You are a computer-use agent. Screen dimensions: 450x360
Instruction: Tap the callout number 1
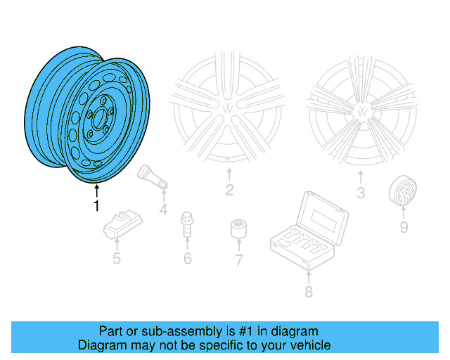(x=96, y=206)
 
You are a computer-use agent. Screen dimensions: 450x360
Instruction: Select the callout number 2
(x=229, y=190)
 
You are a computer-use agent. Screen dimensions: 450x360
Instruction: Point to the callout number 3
(x=360, y=192)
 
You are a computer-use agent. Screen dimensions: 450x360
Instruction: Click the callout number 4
(x=163, y=210)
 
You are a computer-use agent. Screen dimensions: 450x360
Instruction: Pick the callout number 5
(x=117, y=259)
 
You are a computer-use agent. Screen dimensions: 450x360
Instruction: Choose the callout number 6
(x=187, y=259)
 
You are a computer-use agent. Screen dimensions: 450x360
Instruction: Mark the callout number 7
(x=238, y=260)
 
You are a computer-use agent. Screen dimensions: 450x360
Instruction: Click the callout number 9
(x=404, y=226)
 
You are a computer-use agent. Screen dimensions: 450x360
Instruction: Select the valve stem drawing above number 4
(x=153, y=176)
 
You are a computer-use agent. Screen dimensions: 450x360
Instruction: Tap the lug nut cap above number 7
(x=238, y=229)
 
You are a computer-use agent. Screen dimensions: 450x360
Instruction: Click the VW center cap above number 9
(x=401, y=193)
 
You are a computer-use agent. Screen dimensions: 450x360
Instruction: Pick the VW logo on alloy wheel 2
(x=229, y=109)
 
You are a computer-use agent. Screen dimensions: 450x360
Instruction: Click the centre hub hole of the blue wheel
(x=98, y=117)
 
